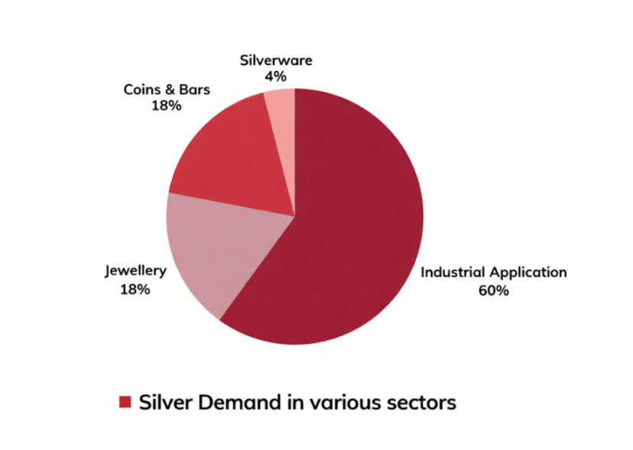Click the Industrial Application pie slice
(352, 229)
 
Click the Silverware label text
(276, 60)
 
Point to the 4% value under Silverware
(276, 76)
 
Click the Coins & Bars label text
(167, 89)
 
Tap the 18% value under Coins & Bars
(167, 106)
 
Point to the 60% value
(494, 290)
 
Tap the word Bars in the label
(194, 89)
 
